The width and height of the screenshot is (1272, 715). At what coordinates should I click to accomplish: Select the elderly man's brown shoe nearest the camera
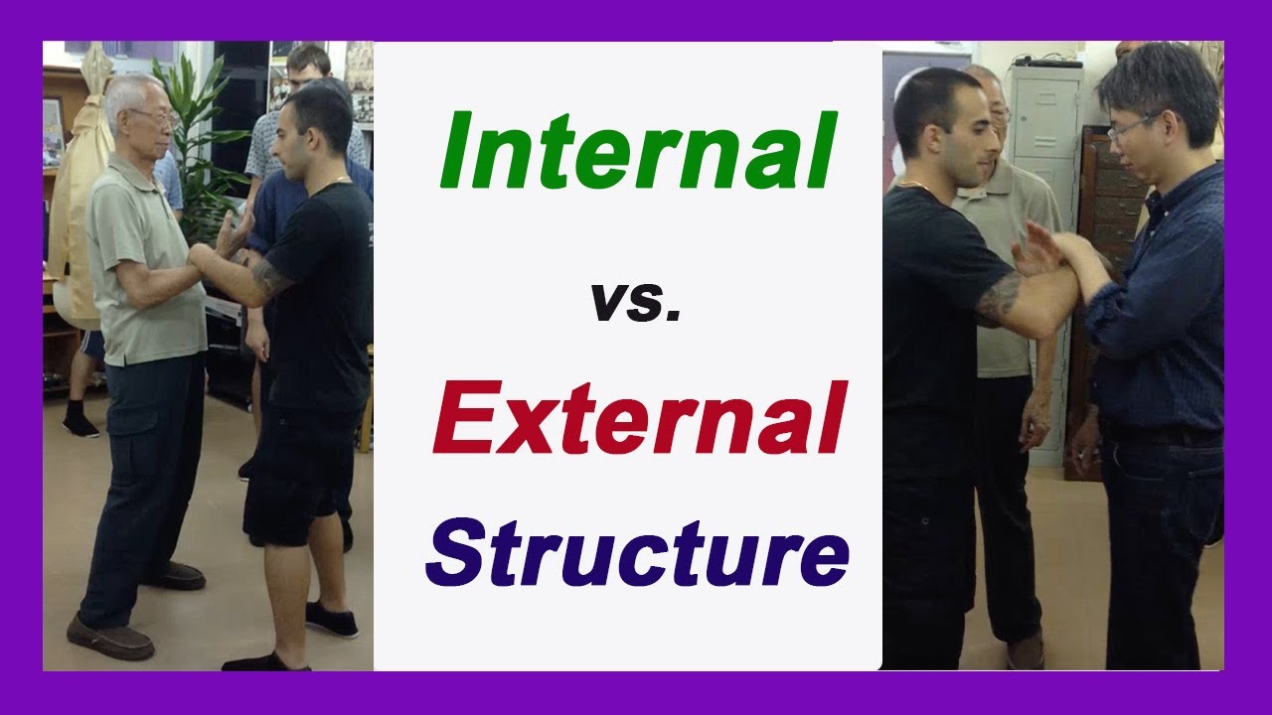pos(110,637)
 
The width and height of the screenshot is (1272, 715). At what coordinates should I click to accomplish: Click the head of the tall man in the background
pos(309,65)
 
